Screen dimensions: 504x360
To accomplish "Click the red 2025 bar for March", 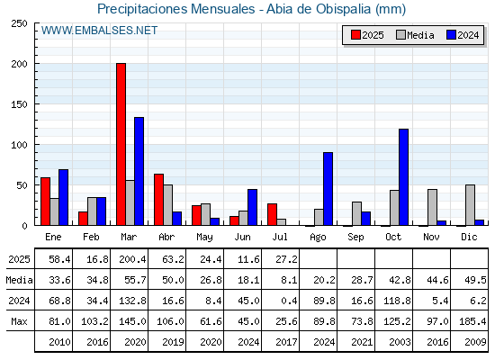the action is pyautogui.click(x=121, y=144).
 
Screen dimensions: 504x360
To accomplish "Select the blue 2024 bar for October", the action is pyautogui.click(x=403, y=177).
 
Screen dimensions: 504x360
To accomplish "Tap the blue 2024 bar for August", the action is pyautogui.click(x=328, y=189).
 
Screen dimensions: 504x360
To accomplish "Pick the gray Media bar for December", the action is pyautogui.click(x=470, y=205).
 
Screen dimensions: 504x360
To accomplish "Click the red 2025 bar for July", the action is pyautogui.click(x=272, y=214).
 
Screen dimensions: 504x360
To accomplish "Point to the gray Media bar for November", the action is pyautogui.click(x=432, y=207).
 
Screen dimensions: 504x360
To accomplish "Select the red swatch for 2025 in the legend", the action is pyautogui.click(x=355, y=35).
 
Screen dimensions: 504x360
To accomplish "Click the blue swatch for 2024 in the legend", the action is pyautogui.click(x=451, y=35).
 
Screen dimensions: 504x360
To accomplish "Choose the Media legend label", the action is pyautogui.click(x=420, y=35).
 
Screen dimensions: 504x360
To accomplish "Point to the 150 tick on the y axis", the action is pyautogui.click(x=36, y=104).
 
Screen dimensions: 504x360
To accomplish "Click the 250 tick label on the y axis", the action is pyautogui.click(x=19, y=23).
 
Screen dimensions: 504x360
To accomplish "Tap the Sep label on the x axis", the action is pyautogui.click(x=355, y=238).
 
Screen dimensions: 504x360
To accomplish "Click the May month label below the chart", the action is pyautogui.click(x=204, y=238).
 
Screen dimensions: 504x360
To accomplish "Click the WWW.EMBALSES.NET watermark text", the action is pyautogui.click(x=99, y=31).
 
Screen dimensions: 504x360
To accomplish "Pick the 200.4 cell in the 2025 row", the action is pyautogui.click(x=132, y=259).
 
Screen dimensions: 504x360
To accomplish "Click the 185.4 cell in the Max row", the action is pyautogui.click(x=472, y=321).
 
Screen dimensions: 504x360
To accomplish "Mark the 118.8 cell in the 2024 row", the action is pyautogui.click(x=397, y=301).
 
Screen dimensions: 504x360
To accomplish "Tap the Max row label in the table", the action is pyautogui.click(x=19, y=321).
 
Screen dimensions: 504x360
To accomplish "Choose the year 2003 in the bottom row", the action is pyautogui.click(x=400, y=342).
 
